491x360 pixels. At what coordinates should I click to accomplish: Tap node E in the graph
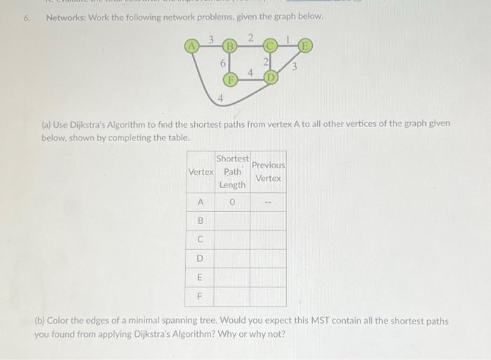304,47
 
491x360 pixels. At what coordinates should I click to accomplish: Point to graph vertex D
270,77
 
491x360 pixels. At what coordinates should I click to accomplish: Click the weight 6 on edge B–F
223,63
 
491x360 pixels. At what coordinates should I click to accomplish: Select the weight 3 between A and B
210,39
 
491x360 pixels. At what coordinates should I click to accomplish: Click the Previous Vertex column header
268,172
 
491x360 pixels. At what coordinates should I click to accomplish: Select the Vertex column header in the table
201,172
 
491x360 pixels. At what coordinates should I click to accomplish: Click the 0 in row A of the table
232,203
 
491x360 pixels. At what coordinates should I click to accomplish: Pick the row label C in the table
201,239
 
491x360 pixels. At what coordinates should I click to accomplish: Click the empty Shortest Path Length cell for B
232,221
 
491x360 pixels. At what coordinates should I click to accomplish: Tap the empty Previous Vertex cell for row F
268,296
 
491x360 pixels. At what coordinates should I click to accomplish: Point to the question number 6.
27,16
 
